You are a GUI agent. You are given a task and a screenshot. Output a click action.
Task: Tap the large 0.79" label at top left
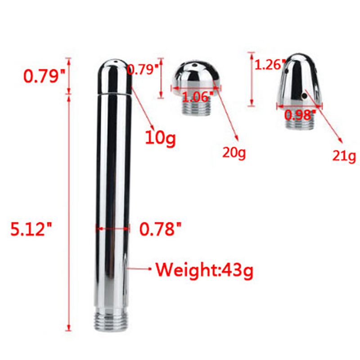click(45, 76)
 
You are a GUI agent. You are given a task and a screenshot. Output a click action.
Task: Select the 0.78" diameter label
click(161, 229)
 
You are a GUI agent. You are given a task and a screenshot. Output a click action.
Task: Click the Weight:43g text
click(204, 270)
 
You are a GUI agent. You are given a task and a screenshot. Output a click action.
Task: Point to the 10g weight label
click(161, 138)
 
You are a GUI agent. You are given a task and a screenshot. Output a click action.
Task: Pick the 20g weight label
click(234, 153)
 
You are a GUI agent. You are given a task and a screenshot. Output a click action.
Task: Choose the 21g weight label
click(344, 156)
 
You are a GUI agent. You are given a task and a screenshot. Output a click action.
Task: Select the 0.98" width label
click(300, 115)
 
